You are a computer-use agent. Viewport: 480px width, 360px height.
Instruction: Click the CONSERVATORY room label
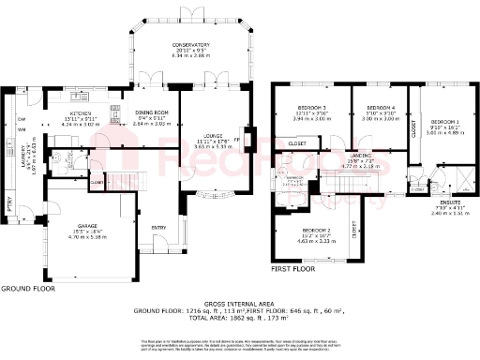[189, 44]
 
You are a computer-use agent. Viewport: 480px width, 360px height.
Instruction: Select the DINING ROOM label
[149, 112]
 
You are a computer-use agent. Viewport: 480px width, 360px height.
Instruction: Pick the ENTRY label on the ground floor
[157, 227]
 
